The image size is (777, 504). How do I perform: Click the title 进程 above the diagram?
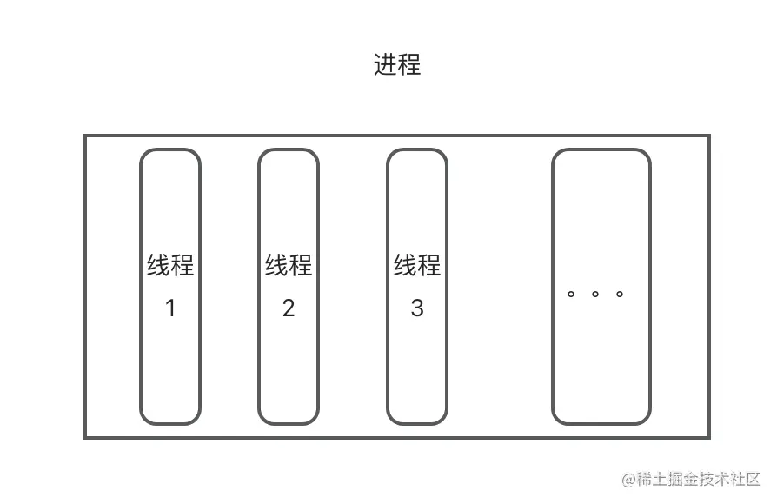coord(397,65)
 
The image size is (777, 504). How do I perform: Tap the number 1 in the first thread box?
coord(170,308)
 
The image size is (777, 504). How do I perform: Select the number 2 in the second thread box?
coord(289,308)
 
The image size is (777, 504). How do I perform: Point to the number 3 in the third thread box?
coord(417,308)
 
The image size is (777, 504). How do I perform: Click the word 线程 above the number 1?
coord(170,265)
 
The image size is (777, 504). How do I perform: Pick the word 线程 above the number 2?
coord(289,265)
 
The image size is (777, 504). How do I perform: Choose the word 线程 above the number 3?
coord(417,265)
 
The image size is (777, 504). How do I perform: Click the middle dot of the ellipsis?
coord(595,294)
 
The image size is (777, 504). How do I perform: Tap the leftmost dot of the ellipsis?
coord(571,294)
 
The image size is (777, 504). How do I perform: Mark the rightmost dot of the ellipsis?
coord(620,294)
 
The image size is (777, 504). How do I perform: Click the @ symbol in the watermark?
coord(628,479)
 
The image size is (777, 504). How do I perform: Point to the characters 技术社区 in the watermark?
coord(731,479)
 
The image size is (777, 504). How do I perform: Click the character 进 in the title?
coord(386,65)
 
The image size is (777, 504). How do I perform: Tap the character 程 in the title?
coord(409,65)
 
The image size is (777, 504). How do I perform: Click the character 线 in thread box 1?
coord(158,265)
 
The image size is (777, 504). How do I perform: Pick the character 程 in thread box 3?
coord(429,265)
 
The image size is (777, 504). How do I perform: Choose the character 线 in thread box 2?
coord(276,265)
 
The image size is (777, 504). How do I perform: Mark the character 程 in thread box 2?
coord(301,265)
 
